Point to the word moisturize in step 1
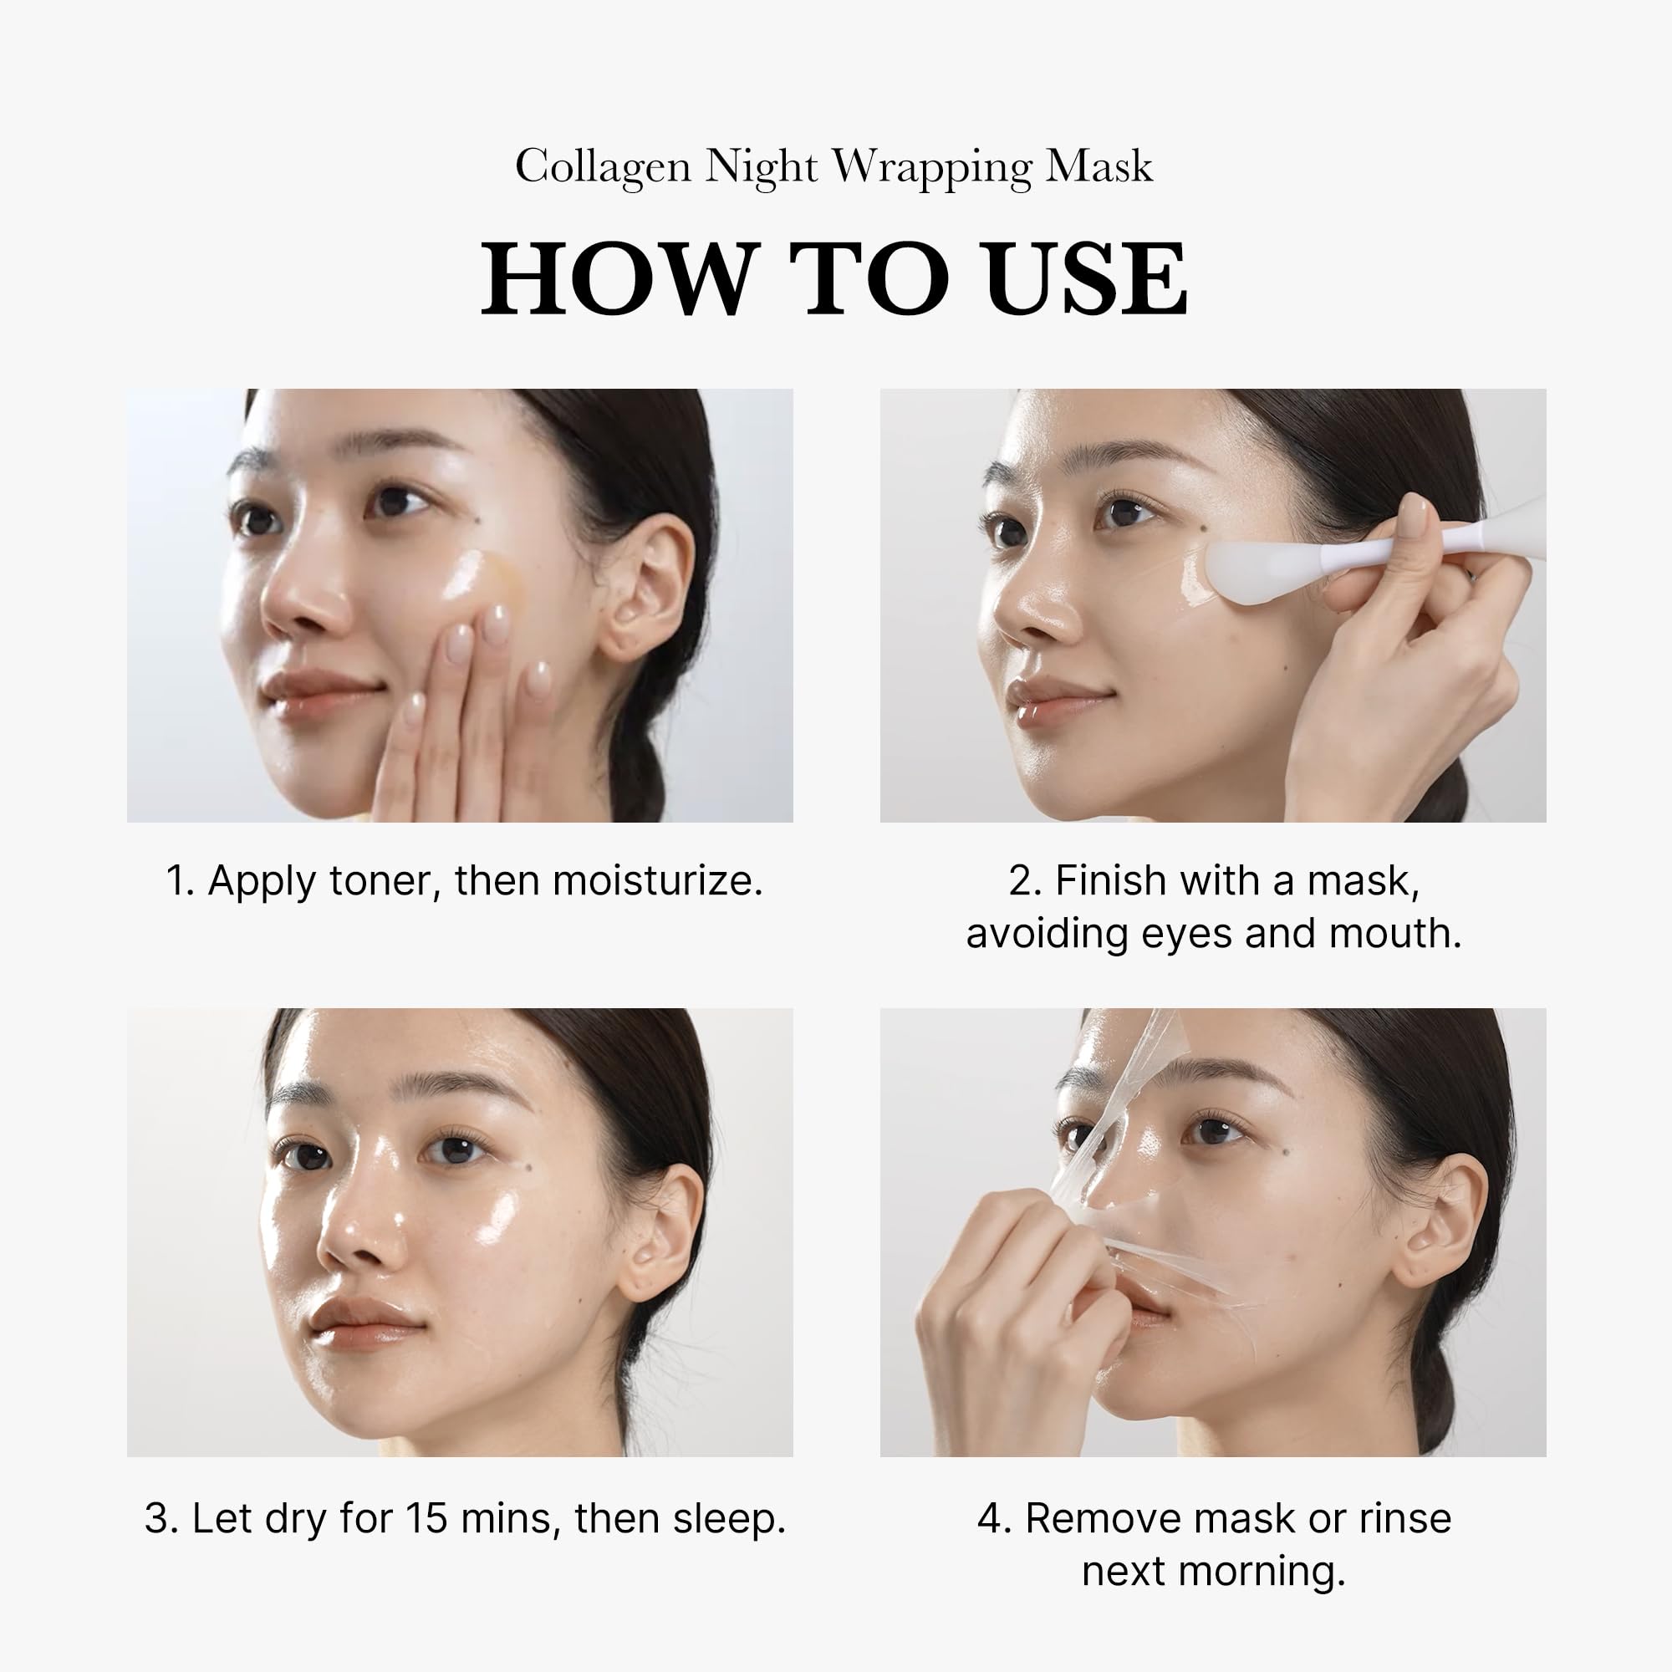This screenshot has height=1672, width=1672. [657, 881]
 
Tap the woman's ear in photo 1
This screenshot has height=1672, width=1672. [644, 589]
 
